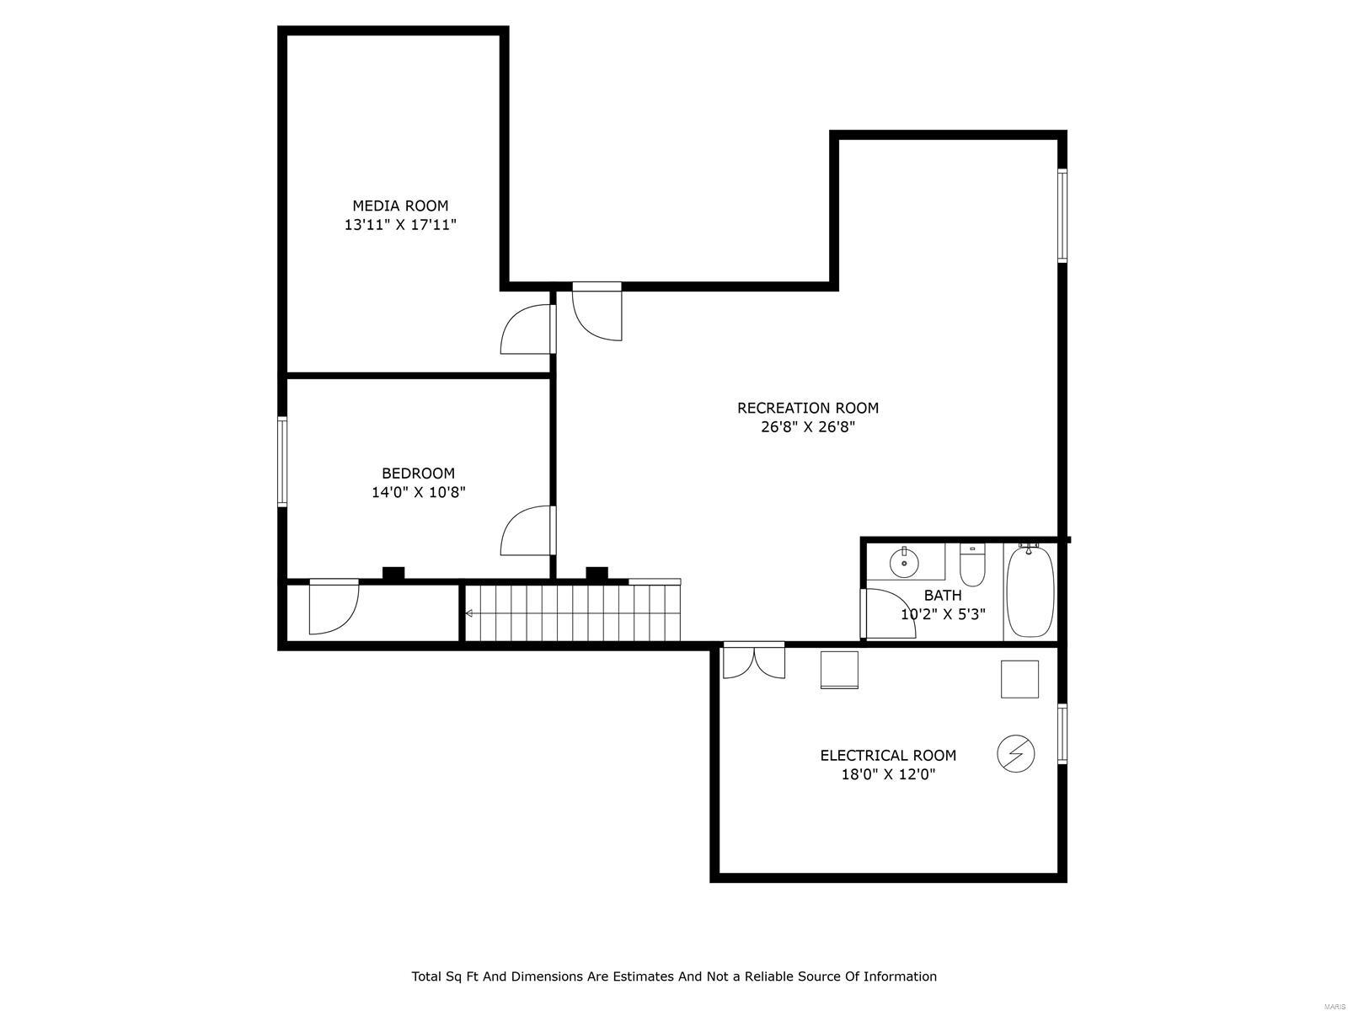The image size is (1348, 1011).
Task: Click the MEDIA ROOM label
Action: [x=400, y=206]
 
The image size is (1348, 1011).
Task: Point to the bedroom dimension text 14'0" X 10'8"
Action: [x=419, y=492]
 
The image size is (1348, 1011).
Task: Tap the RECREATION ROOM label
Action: [x=807, y=408]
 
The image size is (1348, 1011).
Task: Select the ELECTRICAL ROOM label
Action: [x=888, y=756]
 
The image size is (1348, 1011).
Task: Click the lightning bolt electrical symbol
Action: [x=1015, y=753]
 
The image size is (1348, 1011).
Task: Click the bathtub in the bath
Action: [x=1030, y=591]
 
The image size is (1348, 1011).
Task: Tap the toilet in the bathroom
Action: [x=972, y=565]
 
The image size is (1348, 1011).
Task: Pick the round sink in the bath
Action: [x=905, y=562]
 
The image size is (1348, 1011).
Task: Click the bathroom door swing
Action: [x=888, y=613]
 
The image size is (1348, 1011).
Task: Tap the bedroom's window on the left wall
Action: [x=282, y=462]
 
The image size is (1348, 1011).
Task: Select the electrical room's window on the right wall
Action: [x=1062, y=734]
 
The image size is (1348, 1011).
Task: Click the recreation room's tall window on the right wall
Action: [x=1062, y=216]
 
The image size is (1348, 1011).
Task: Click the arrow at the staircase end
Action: [x=469, y=613]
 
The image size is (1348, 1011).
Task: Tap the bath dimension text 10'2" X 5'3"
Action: [x=943, y=614]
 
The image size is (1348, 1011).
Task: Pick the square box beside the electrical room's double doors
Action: [x=839, y=670]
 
